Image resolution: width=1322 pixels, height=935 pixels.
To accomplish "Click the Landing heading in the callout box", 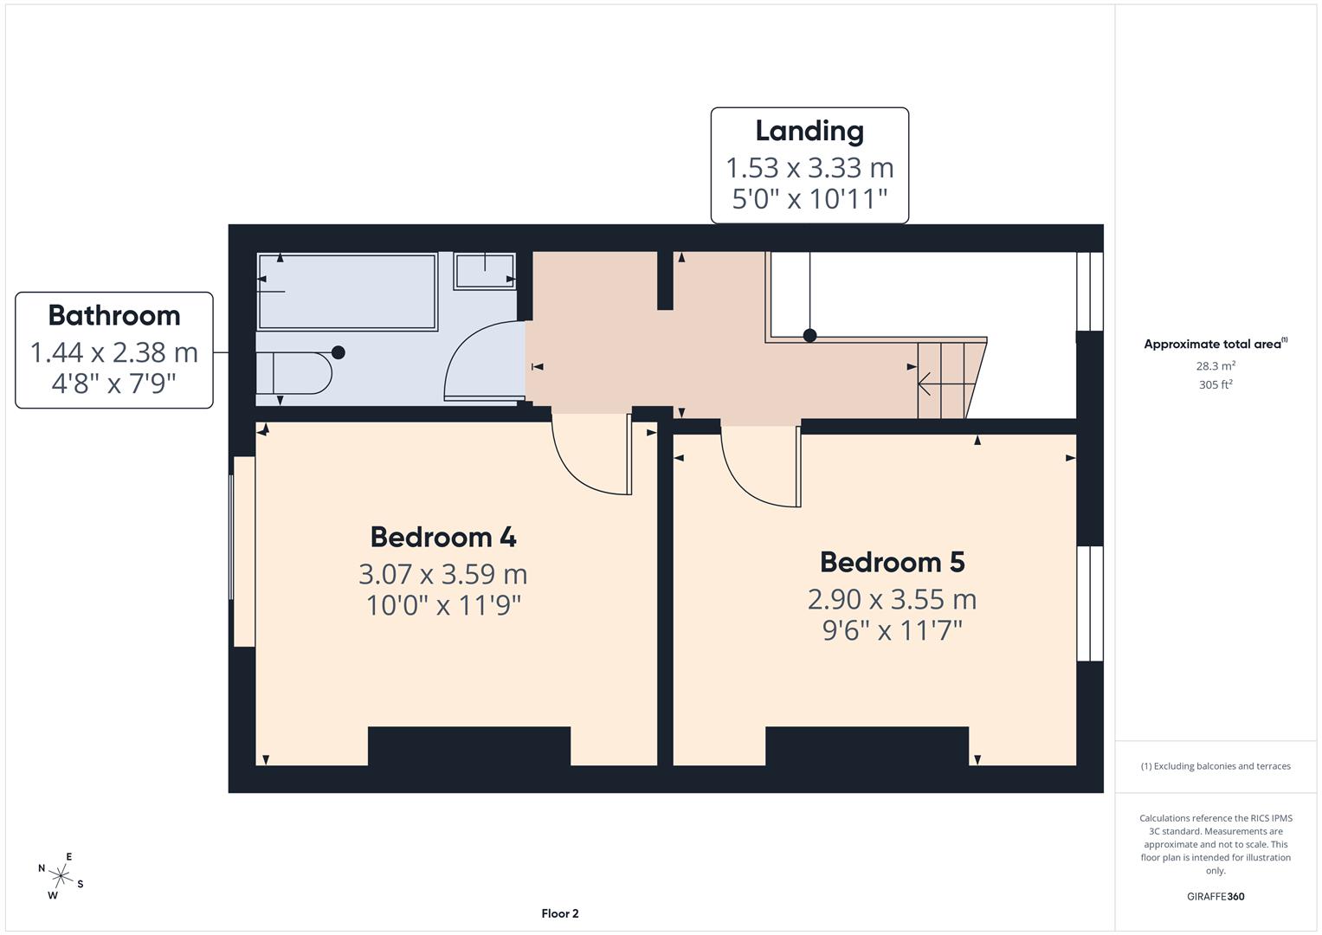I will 809,131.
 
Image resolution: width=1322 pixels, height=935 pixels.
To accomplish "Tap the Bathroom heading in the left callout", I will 114,315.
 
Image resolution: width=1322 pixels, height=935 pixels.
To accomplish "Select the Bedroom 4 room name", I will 443,537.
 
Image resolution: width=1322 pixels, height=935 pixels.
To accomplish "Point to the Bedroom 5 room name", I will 892,562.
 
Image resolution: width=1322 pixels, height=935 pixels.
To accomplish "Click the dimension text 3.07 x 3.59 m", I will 443,574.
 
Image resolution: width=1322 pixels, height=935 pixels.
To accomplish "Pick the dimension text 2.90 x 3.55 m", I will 892,599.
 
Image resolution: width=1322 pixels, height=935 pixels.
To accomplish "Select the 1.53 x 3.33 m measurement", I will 809,167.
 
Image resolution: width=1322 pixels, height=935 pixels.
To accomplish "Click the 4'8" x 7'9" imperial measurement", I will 114,383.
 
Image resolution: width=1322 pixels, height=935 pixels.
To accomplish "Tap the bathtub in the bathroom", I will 346,291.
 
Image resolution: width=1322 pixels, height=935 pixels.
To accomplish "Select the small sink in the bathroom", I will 485,270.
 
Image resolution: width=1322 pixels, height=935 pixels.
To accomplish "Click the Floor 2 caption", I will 559,913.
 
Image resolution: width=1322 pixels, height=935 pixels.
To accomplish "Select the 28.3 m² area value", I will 1216,365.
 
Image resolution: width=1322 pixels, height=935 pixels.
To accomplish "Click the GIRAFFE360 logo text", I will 1216,896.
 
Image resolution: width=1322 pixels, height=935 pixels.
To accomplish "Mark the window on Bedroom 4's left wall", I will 242,551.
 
